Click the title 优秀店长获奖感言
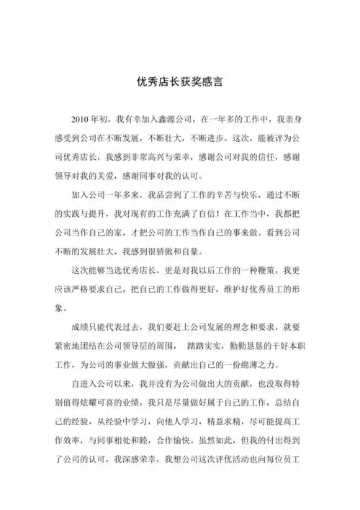click(x=180, y=81)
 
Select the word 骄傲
click(x=159, y=252)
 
